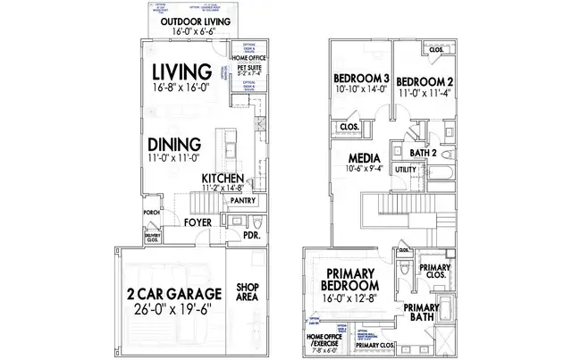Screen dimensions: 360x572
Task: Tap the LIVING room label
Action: pos(181,71)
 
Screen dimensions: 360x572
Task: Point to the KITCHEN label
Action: pos(223,178)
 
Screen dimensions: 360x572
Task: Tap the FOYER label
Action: pos(198,222)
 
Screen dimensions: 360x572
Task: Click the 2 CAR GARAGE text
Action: pos(171,294)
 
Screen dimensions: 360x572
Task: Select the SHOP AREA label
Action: pos(248,294)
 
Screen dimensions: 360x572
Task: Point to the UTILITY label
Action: pos(405,168)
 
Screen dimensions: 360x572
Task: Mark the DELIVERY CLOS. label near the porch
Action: pos(152,238)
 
